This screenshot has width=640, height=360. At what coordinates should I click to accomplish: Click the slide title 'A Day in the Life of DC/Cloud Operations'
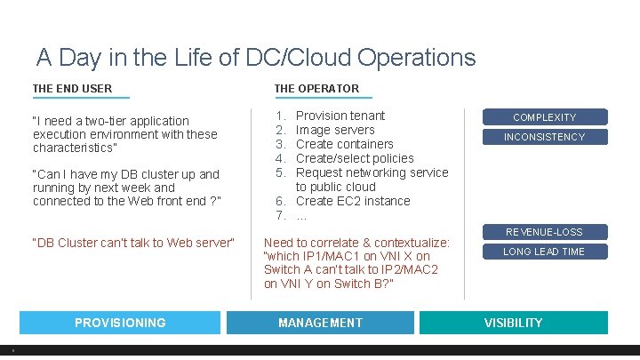point(256,58)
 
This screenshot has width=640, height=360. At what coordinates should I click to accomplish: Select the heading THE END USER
point(72,88)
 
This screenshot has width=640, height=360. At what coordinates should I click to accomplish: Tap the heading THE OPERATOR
point(316,88)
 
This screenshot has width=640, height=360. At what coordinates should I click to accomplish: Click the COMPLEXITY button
point(544,117)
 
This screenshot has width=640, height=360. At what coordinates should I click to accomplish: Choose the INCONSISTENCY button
point(544,137)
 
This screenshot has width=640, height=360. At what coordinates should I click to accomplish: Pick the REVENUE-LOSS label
point(544,232)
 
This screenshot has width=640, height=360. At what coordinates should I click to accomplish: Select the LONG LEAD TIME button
point(544,252)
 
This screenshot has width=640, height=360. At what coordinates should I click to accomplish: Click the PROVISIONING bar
point(120,323)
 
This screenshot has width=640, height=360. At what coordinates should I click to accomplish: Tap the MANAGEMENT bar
point(320,323)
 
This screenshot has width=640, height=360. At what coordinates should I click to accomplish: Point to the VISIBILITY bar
point(513,323)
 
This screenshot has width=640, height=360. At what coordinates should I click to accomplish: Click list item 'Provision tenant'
point(340,116)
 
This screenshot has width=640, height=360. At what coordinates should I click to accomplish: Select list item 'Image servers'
point(335,130)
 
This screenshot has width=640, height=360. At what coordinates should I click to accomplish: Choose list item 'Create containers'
point(344,144)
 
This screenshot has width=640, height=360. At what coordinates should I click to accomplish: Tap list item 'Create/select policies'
point(355,158)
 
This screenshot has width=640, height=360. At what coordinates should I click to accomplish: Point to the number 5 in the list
point(279,172)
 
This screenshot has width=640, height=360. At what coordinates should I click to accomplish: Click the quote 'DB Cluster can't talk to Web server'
point(133,243)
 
